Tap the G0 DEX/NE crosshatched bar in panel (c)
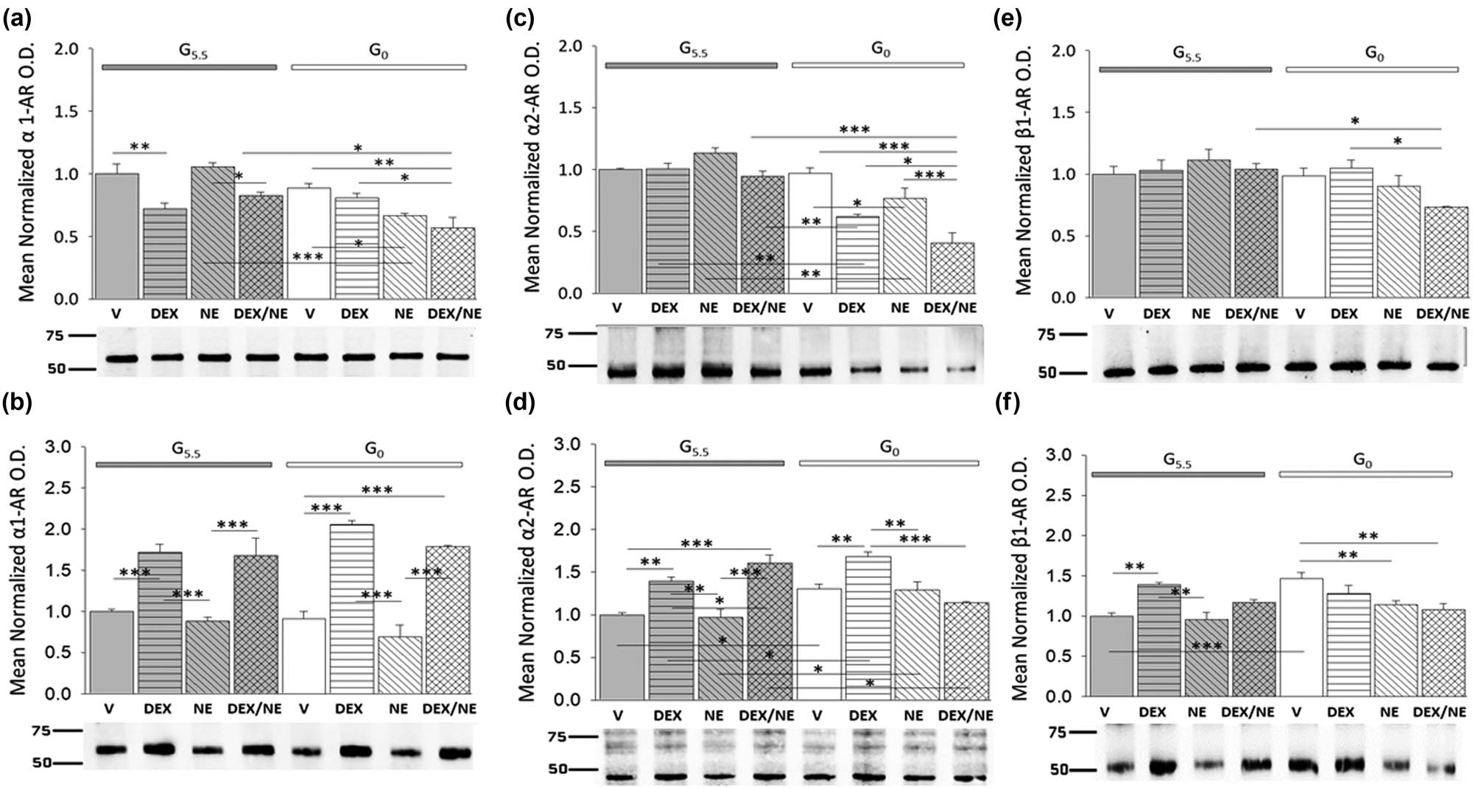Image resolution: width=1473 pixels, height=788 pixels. tap(952, 268)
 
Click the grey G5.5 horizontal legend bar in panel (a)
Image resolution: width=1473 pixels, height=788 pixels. tap(189, 67)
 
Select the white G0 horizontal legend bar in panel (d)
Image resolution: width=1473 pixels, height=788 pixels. tap(889, 463)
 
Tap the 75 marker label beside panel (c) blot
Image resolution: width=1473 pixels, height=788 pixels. tap(554, 334)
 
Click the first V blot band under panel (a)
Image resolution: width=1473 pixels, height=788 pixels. tap(116, 359)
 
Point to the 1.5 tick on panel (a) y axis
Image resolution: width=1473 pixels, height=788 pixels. tap(67, 111)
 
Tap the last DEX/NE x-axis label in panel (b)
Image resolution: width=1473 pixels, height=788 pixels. tap(449, 708)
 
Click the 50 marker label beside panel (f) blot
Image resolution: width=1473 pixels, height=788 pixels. tap(1058, 770)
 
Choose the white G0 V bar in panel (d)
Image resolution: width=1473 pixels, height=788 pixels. tap(819, 643)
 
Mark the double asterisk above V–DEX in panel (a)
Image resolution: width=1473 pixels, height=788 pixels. tap(139, 147)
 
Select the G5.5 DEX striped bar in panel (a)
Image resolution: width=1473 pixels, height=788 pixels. tap(165, 253)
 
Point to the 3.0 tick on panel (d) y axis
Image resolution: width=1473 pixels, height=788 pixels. tap(570, 444)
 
